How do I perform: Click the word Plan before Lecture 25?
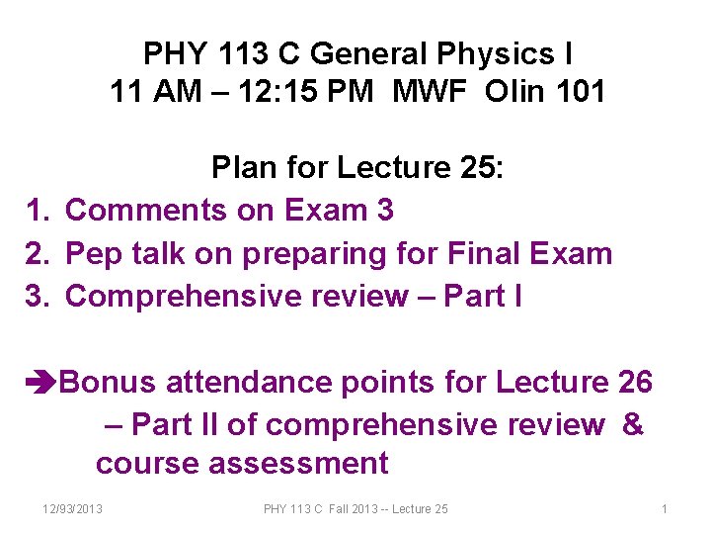pyautogui.click(x=244, y=168)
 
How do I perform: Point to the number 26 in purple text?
pyautogui.click(x=634, y=382)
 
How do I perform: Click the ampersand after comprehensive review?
pyautogui.click(x=633, y=424)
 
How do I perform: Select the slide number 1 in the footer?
pyautogui.click(x=665, y=508)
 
